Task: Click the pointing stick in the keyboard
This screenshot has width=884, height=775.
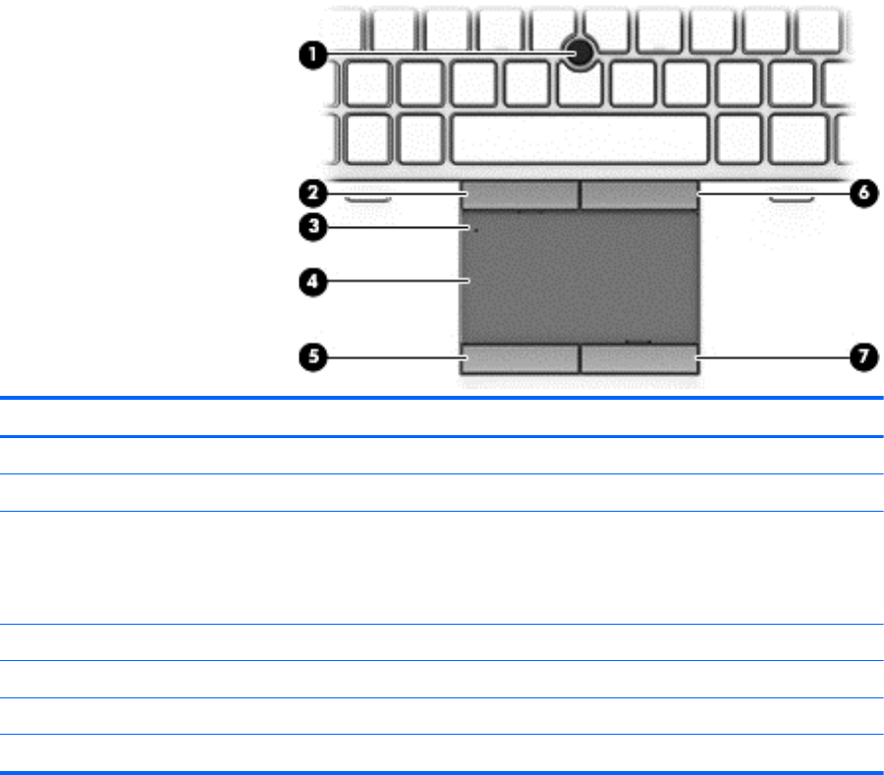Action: (x=582, y=54)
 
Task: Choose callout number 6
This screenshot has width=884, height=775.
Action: (x=860, y=193)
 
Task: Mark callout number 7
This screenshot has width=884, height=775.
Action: (x=860, y=358)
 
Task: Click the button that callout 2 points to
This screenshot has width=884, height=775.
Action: (x=520, y=194)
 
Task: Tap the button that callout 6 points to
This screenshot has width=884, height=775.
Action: (x=639, y=194)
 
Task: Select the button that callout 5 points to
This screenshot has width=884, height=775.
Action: (x=520, y=359)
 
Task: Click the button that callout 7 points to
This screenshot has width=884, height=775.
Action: (x=639, y=359)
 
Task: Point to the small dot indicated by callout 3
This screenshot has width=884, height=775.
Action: (x=475, y=231)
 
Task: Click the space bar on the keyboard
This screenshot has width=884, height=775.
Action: (x=580, y=138)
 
